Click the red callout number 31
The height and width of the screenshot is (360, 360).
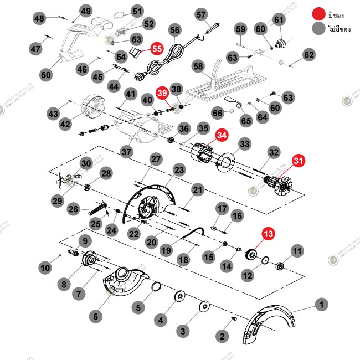point(299,161)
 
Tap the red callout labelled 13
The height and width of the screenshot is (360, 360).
point(268,235)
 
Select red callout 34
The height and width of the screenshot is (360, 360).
point(222,135)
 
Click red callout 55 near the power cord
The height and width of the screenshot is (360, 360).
point(157,48)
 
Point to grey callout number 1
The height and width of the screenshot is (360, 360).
point(321,304)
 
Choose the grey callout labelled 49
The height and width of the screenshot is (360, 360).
point(85,11)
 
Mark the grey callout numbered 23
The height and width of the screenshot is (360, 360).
point(179,169)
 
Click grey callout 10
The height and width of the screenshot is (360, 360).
point(44,268)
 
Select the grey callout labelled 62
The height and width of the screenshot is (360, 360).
point(308,54)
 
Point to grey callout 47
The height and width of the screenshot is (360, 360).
point(36,49)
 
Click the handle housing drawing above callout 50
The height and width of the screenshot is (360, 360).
point(78,42)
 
